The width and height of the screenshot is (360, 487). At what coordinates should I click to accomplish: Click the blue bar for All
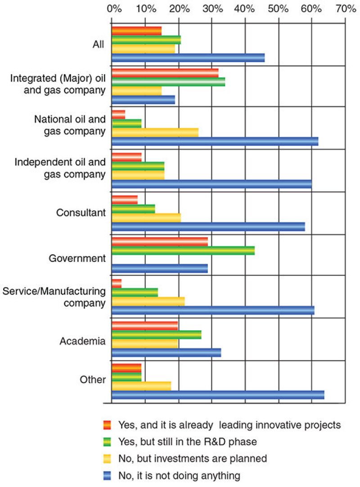tap(188, 58)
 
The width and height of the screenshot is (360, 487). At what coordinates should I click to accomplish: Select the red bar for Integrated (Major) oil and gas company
tap(165, 72)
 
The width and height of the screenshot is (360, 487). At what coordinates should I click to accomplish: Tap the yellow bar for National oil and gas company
tap(155, 132)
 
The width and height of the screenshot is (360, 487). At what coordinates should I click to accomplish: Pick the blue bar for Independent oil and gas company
tap(211, 184)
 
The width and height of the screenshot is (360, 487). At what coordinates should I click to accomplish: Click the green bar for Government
tap(183, 251)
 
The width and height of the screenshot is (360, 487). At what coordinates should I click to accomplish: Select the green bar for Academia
tap(156, 334)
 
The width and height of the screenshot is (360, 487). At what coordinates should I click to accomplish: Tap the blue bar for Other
tap(218, 395)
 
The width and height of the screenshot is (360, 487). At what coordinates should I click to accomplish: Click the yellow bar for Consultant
tap(146, 217)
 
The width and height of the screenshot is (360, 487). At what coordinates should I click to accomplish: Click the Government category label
tap(77, 259)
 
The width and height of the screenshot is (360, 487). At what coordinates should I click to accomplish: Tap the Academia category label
tap(82, 341)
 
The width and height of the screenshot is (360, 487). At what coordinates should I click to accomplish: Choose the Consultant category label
tap(81, 212)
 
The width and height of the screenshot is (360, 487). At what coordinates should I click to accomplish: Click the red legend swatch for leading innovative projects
tap(107, 424)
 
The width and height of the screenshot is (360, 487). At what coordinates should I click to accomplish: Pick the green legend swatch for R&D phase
tap(107, 442)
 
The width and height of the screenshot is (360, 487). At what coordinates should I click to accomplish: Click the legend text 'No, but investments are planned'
tap(193, 458)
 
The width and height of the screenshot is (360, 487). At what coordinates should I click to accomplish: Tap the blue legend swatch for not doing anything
tap(107, 475)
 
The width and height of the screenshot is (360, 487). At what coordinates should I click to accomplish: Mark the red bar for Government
tap(159, 242)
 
